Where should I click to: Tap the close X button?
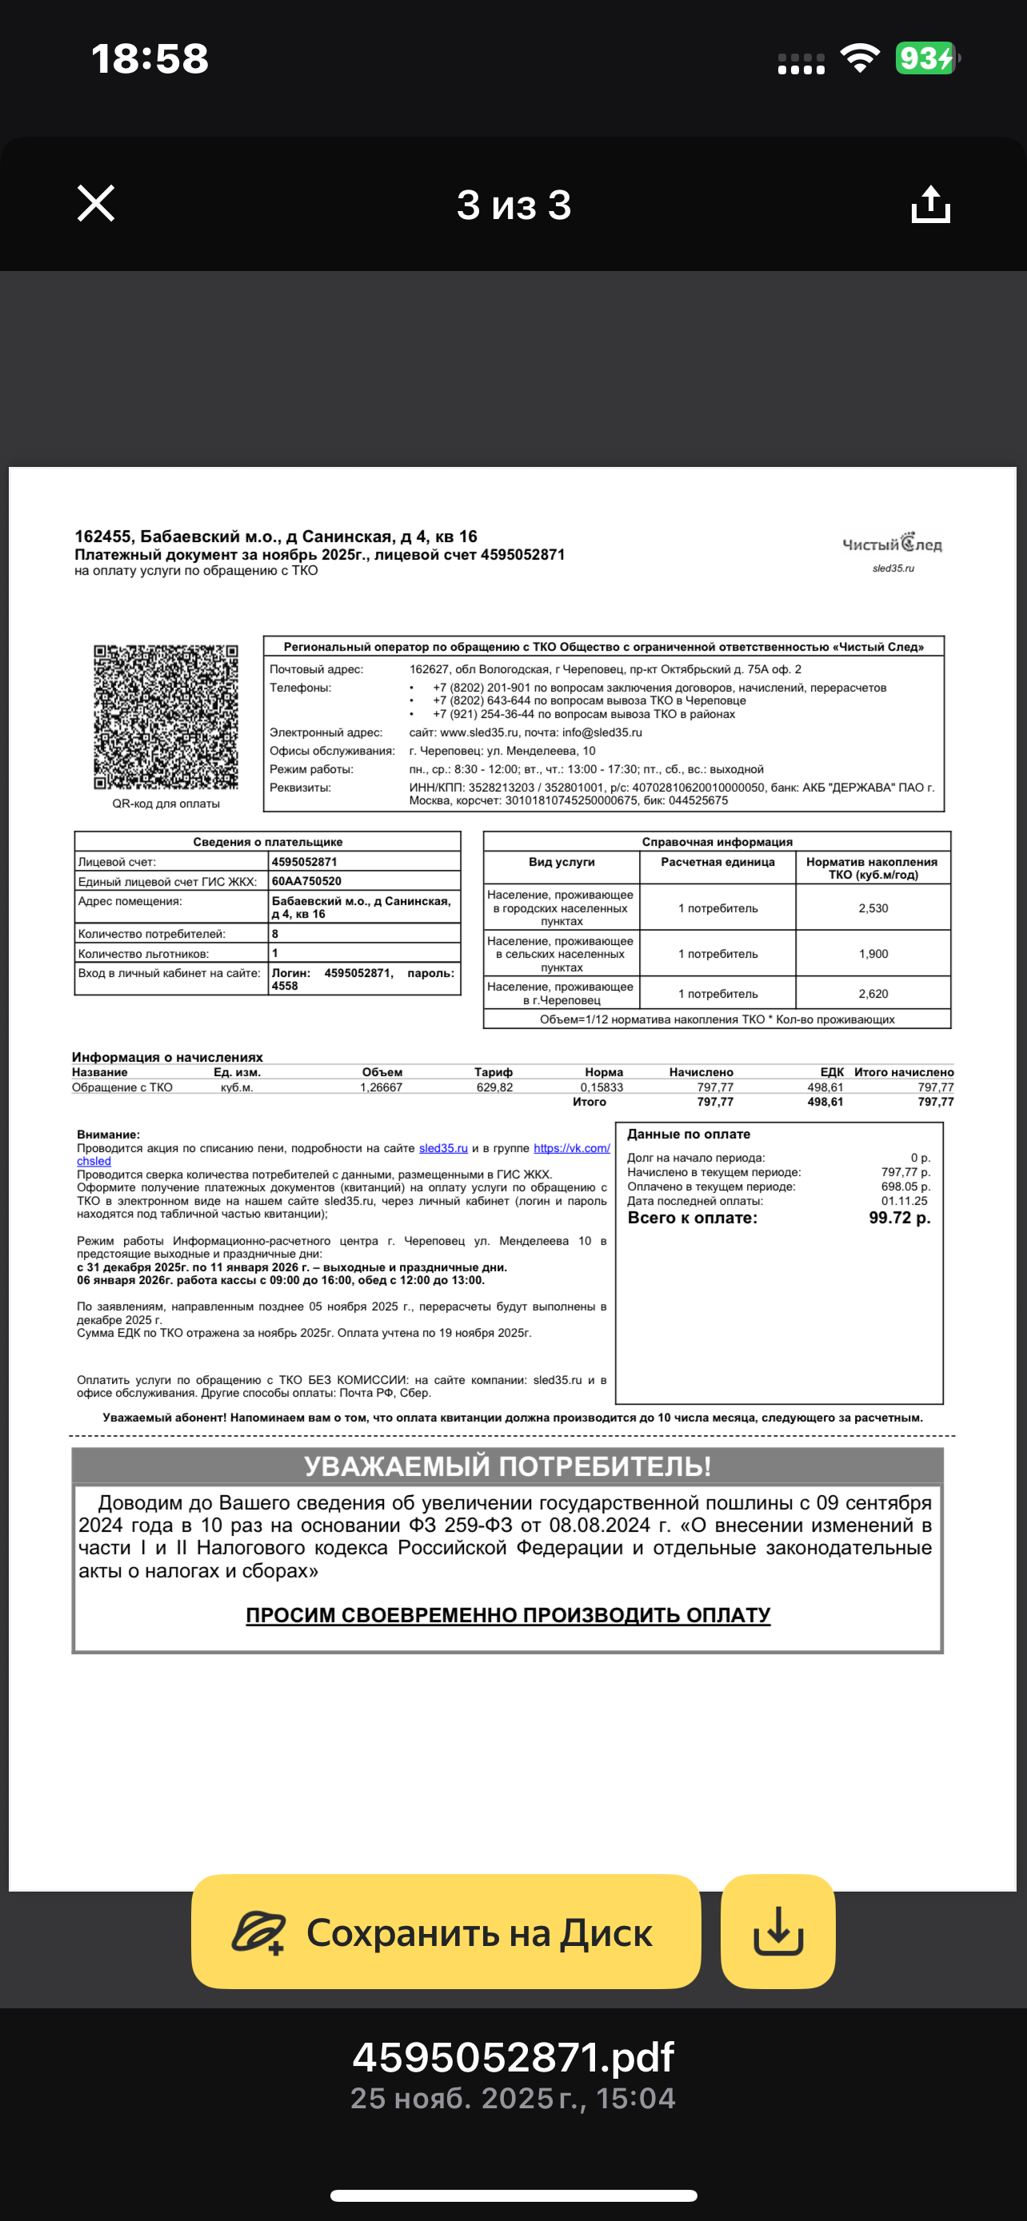(96, 204)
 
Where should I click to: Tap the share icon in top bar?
(930, 205)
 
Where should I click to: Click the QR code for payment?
(166, 716)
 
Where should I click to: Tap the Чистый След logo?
(892, 544)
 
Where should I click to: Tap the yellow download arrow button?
(777, 1932)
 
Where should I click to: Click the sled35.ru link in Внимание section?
(443, 1148)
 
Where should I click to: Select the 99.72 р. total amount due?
(899, 1218)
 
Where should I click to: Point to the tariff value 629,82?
(494, 1087)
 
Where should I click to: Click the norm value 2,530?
(873, 909)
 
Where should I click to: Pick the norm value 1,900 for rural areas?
(873, 955)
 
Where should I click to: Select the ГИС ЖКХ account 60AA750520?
(306, 881)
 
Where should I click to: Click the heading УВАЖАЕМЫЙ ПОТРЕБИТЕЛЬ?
(507, 1466)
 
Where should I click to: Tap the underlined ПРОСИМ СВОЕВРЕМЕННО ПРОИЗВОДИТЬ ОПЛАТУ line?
(508, 1616)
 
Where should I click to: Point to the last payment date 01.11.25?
(904, 1201)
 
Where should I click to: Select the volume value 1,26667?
(382, 1087)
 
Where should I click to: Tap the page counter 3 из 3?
(514, 205)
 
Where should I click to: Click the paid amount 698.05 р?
(905, 1186)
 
